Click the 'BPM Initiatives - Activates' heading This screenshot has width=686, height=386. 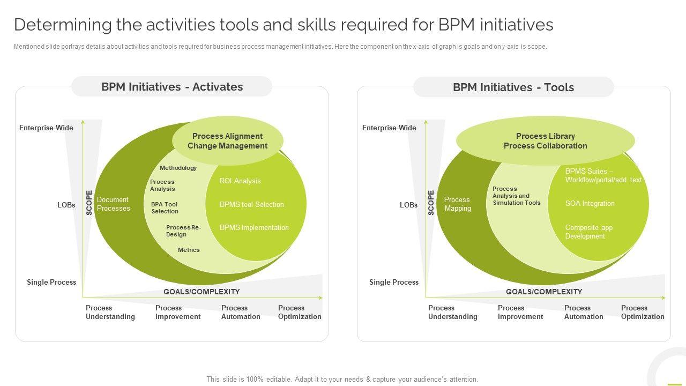(171, 87)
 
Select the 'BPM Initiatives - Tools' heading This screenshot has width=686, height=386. (513, 87)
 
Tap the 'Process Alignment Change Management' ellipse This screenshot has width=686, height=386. (227, 141)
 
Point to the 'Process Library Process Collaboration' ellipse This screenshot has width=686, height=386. (545, 141)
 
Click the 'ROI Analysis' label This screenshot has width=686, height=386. (240, 181)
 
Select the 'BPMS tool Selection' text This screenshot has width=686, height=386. (251, 204)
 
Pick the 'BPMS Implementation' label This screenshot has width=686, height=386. (254, 228)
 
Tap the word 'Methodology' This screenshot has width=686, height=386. (178, 168)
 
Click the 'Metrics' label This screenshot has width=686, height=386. (189, 250)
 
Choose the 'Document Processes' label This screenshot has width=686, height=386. (113, 204)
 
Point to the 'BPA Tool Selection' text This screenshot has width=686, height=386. (165, 208)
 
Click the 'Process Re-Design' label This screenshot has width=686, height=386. (183, 231)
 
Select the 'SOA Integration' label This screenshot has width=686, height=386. (590, 204)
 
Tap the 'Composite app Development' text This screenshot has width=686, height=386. (588, 232)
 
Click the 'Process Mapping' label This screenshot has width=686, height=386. (457, 204)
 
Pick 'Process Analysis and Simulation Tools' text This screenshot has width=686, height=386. (516, 196)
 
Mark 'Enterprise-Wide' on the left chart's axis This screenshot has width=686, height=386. (46, 128)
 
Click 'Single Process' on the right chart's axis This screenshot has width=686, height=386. (394, 283)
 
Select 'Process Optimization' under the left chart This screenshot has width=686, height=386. (300, 313)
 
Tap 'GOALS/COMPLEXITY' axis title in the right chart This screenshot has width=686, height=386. (543, 292)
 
